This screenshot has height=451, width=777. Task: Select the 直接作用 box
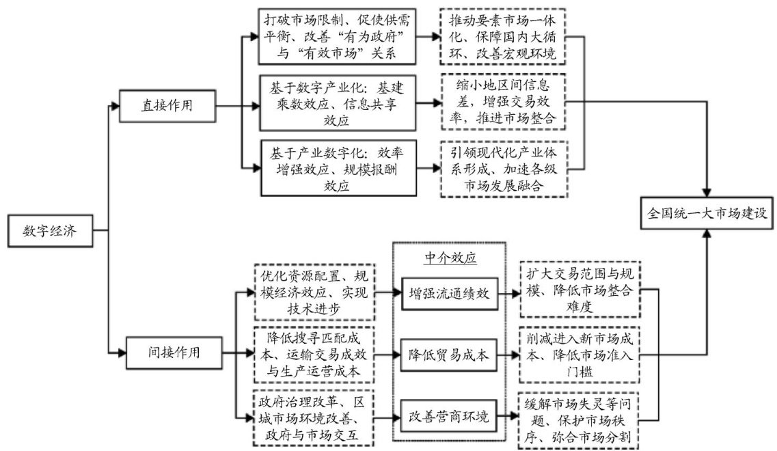pyautogui.click(x=167, y=106)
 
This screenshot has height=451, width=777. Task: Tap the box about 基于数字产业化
pyautogui.click(x=338, y=105)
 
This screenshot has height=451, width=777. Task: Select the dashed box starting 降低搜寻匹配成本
pyautogui.click(x=314, y=353)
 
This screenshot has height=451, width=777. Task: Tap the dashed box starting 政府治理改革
pyautogui.click(x=314, y=417)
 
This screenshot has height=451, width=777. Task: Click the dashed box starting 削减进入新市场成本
pyautogui.click(x=580, y=355)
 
